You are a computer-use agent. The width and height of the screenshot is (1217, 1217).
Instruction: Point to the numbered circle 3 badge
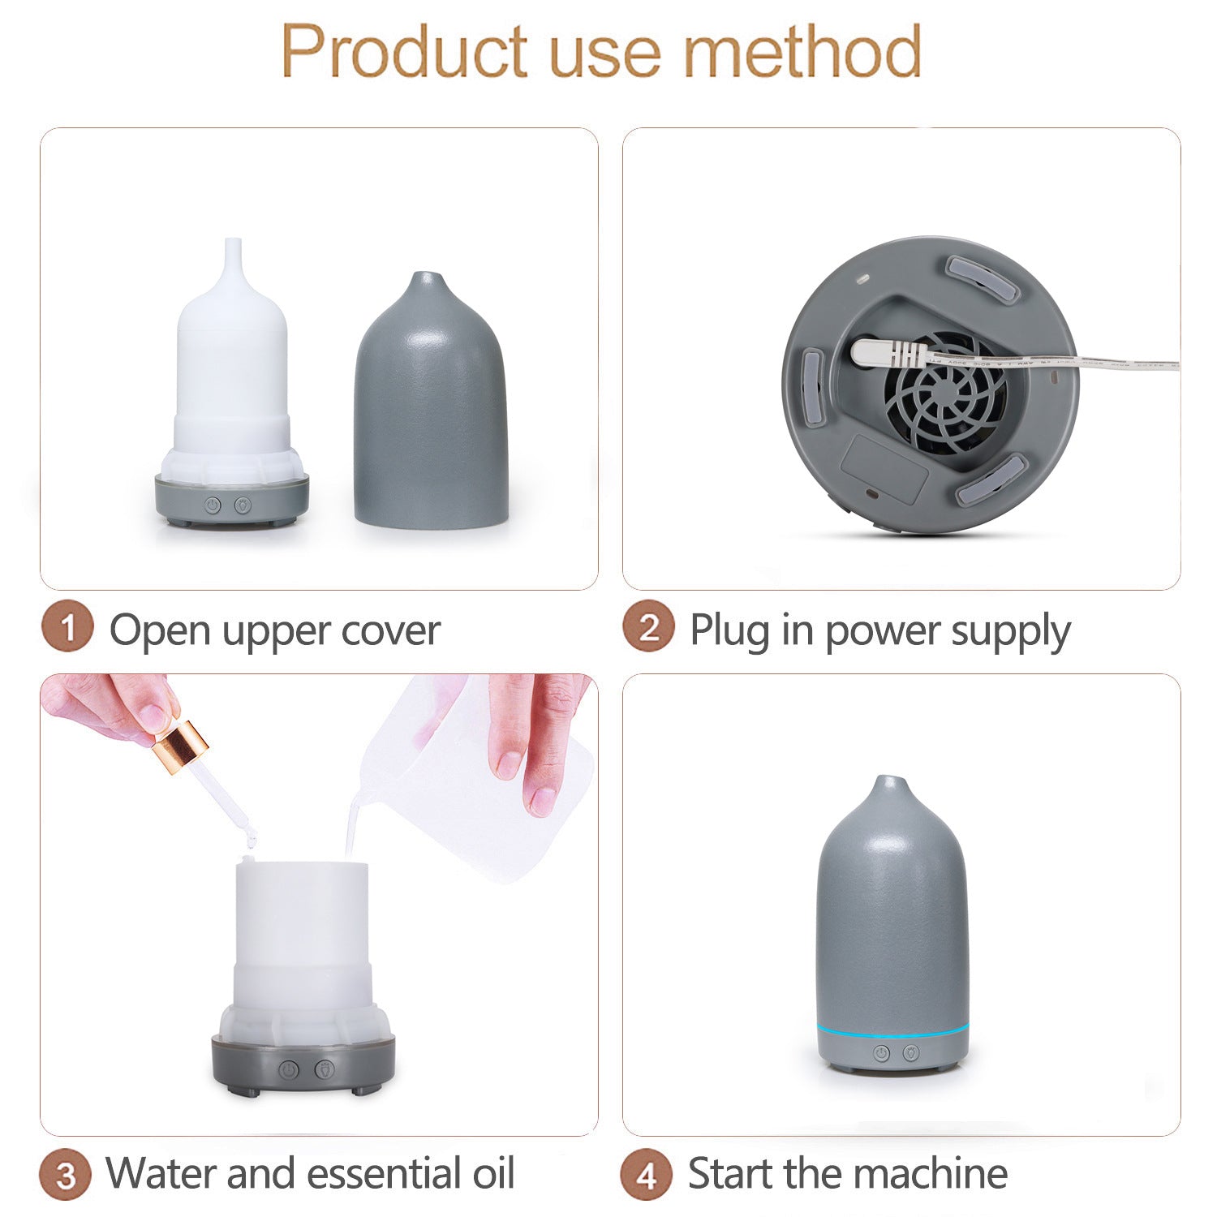(x=66, y=1174)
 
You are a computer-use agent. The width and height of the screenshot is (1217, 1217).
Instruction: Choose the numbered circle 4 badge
(x=647, y=1174)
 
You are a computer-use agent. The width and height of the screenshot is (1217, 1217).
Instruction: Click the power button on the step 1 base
(x=213, y=505)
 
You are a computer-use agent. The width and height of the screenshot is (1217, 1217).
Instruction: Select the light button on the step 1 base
(x=243, y=505)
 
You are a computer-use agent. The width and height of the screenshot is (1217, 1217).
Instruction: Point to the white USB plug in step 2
(x=888, y=353)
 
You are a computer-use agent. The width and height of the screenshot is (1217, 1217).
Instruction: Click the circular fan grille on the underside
(x=945, y=391)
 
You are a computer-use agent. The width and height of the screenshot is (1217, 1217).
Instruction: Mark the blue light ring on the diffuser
(x=892, y=1030)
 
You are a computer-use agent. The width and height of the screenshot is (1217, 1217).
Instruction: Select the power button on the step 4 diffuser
(x=881, y=1053)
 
